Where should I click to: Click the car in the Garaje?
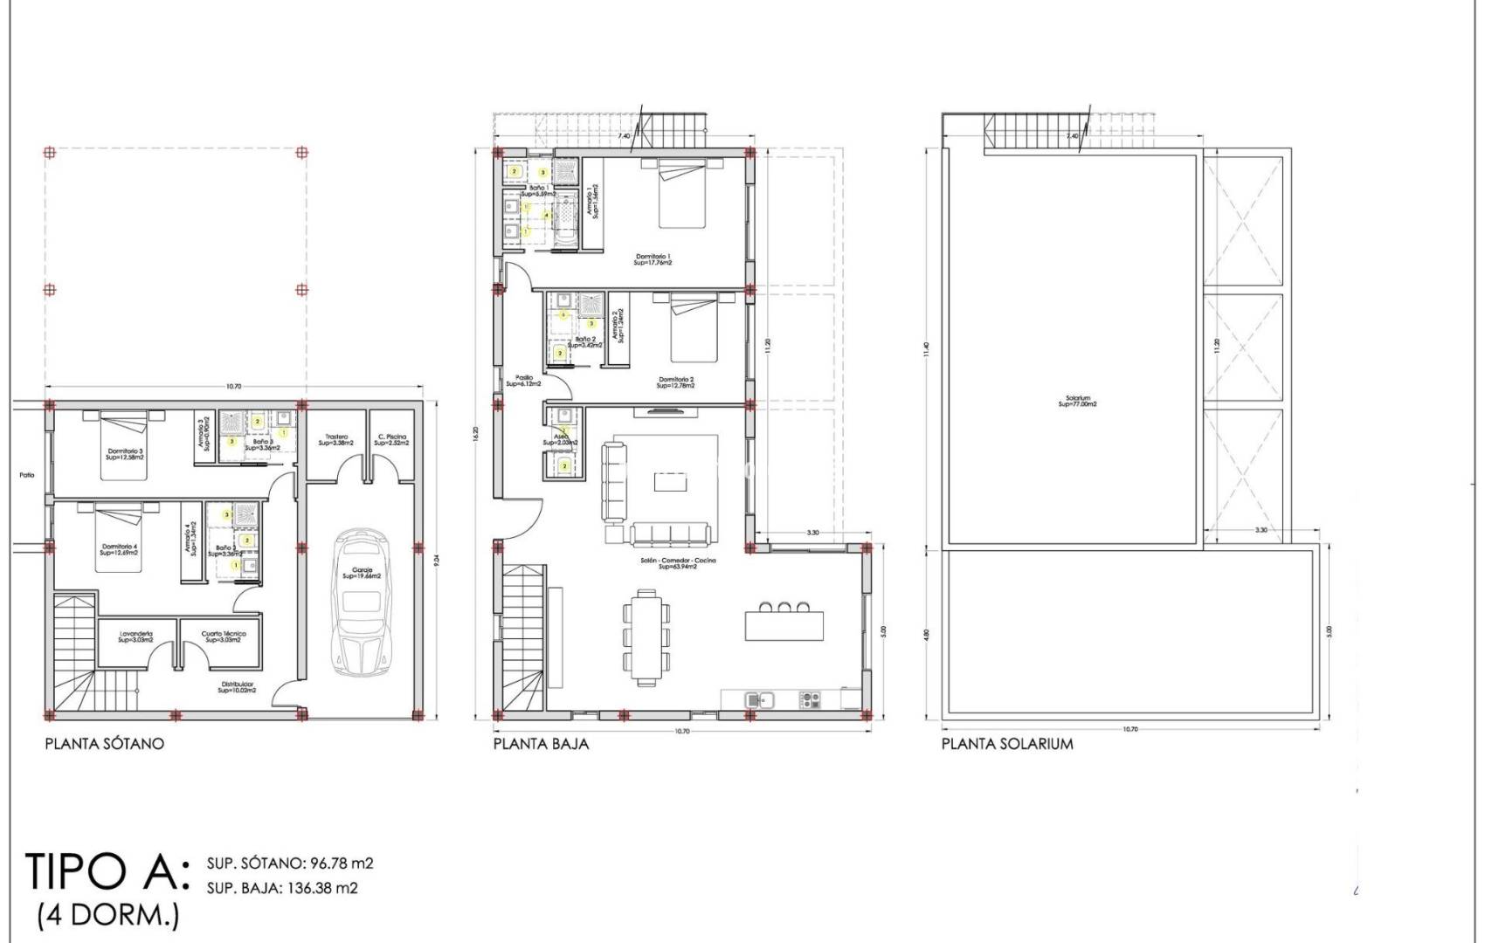coord(359,602)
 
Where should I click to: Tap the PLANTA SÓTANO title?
coord(104,744)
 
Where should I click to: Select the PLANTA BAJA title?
coord(541,744)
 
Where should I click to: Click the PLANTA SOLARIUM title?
coord(1007,744)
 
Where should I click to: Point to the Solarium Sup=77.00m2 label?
coord(1076,401)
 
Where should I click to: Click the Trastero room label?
coord(336,440)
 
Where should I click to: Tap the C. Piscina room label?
coord(391,440)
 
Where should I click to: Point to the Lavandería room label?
coord(136,637)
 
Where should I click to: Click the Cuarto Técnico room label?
coord(224,637)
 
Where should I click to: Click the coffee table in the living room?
coord(670,482)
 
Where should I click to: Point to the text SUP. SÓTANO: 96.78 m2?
coord(290,864)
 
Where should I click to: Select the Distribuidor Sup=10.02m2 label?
coord(236,686)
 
